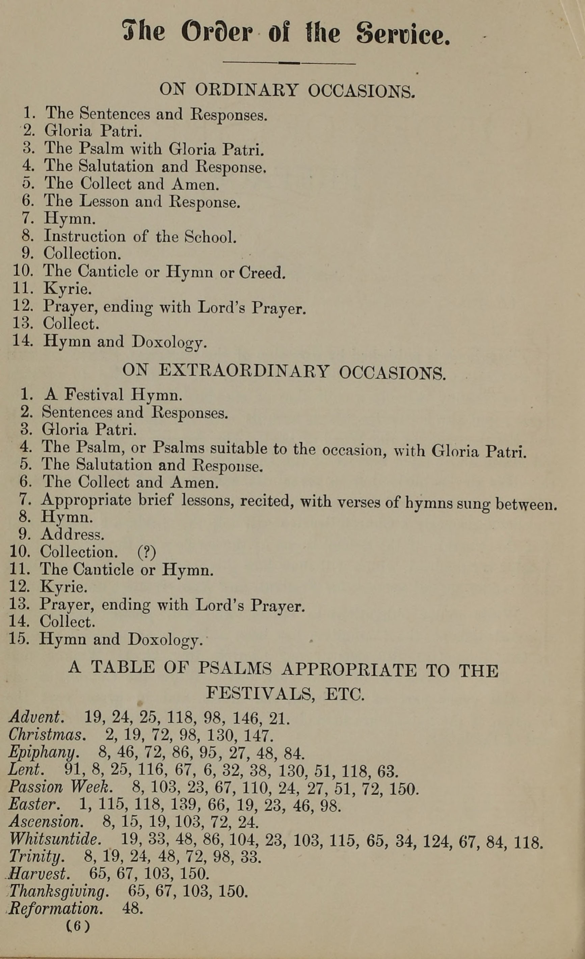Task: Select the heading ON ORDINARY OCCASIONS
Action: tap(287, 90)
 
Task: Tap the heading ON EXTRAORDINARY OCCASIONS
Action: tap(284, 372)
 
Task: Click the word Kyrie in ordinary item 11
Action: tap(67, 289)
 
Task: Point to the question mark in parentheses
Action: tap(147, 552)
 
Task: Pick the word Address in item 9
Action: tap(72, 535)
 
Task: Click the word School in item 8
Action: tap(210, 237)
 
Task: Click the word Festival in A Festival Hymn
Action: tap(94, 395)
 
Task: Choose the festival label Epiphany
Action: tap(44, 753)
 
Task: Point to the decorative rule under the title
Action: tap(289, 63)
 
